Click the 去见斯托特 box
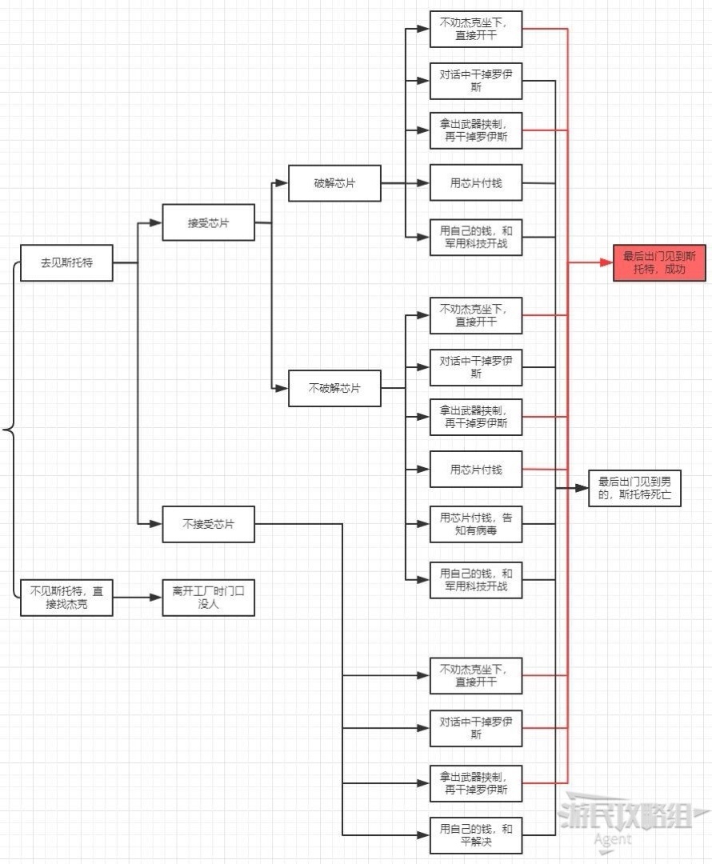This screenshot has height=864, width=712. [66, 262]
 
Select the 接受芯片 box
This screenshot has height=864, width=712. [208, 222]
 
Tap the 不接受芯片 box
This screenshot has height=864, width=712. [208, 524]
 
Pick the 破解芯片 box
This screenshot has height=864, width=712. [334, 184]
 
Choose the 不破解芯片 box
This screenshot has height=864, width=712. [334, 388]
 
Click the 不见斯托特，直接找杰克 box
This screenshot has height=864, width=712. [66, 598]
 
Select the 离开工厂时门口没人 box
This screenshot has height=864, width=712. [208, 598]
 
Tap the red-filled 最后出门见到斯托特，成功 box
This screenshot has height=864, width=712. [659, 262]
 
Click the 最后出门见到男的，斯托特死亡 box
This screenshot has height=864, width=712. [635, 488]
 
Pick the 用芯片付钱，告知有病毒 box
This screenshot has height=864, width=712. [476, 524]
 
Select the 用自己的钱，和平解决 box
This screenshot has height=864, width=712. [476, 835]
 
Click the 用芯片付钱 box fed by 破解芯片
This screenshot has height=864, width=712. [476, 184]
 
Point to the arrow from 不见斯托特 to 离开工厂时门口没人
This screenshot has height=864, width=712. [137, 598]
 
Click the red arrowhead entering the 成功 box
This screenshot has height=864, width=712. [607, 262]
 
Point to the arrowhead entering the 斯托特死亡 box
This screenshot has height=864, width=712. [583, 488]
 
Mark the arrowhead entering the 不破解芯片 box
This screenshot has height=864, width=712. [282, 388]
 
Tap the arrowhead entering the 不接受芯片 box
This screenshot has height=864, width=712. [157, 524]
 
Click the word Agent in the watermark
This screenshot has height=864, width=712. [612, 839]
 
